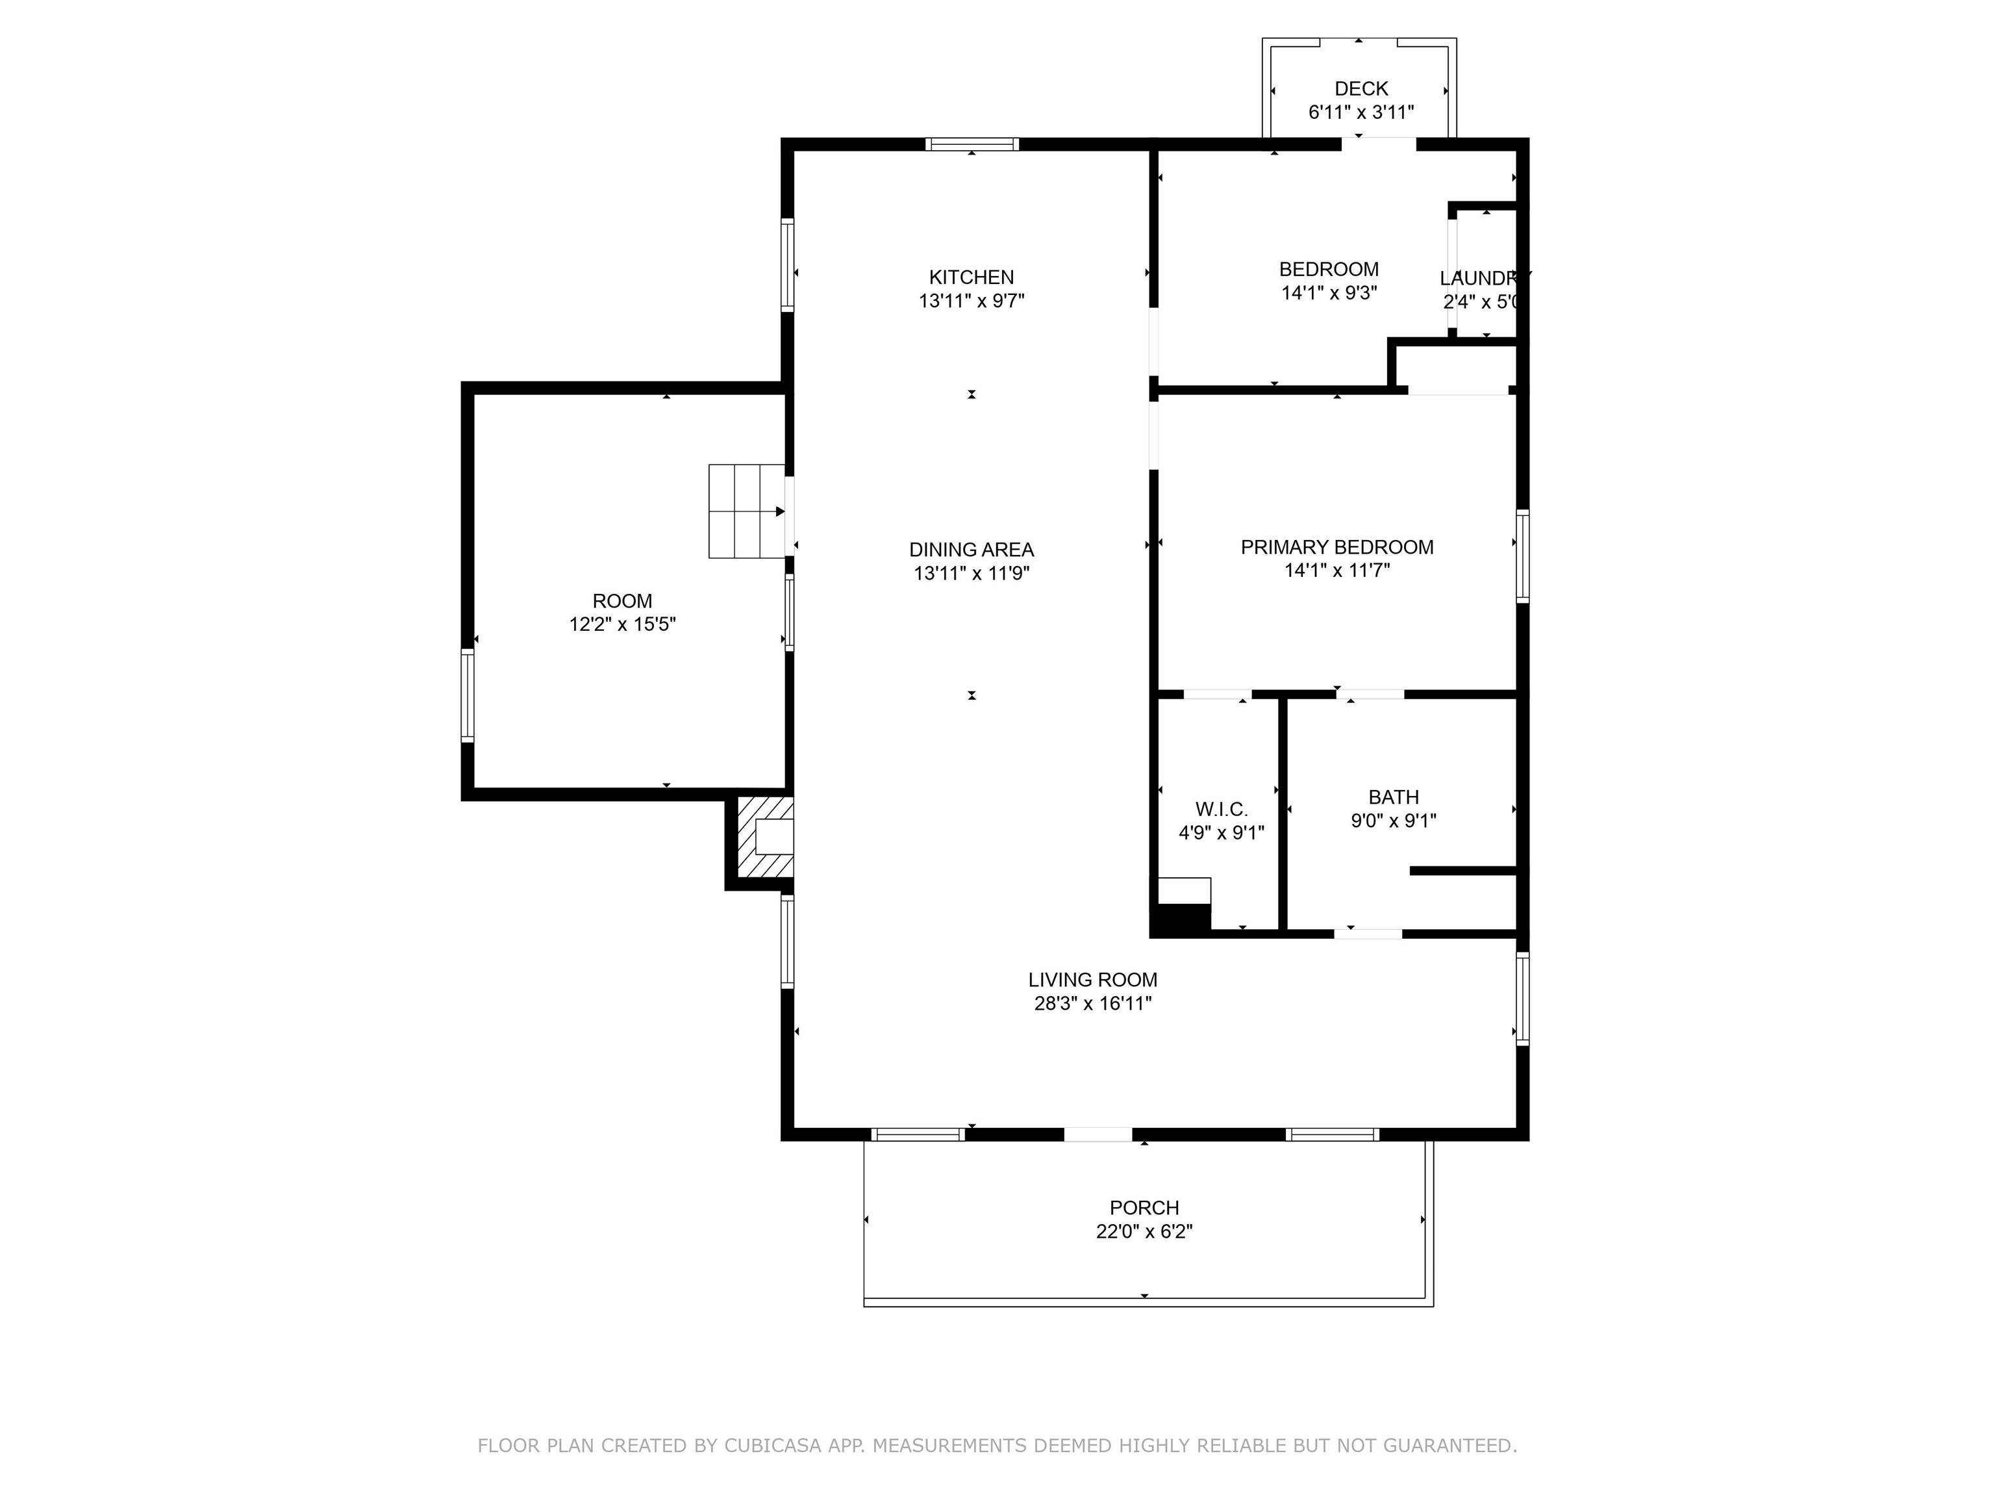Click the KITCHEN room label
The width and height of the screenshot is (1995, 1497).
pyautogui.click(x=972, y=277)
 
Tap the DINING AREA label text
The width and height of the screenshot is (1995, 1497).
pyautogui.click(x=972, y=550)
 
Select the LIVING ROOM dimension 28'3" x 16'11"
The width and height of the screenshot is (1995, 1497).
pyautogui.click(x=1092, y=1003)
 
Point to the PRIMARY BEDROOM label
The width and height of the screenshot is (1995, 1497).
pyautogui.click(x=1336, y=547)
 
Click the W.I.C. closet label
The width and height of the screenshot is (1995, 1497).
pyautogui.click(x=1221, y=810)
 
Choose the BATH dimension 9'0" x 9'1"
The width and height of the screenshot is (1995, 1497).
pyautogui.click(x=1394, y=820)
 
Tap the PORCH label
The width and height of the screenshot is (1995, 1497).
pyautogui.click(x=1144, y=1207)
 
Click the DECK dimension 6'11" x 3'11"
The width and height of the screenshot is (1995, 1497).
pyautogui.click(x=1361, y=112)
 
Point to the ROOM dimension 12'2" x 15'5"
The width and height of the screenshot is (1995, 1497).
pyautogui.click(x=622, y=624)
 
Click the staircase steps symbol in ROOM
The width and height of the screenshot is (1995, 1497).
pyautogui.click(x=746, y=511)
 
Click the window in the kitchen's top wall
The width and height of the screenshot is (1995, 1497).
pyautogui.click(x=972, y=144)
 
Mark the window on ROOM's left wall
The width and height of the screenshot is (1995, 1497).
pyautogui.click(x=467, y=695)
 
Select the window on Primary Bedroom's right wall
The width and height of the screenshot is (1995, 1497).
pyautogui.click(x=1522, y=556)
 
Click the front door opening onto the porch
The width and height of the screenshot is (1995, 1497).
pyautogui.click(x=1098, y=1134)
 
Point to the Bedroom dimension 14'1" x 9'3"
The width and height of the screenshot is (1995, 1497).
pyautogui.click(x=1329, y=292)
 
